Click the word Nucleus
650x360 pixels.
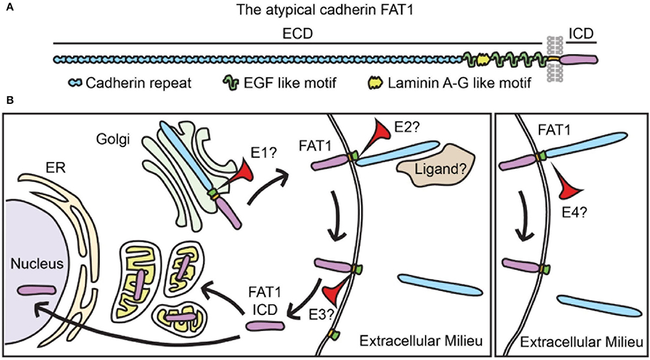pos(32,263)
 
